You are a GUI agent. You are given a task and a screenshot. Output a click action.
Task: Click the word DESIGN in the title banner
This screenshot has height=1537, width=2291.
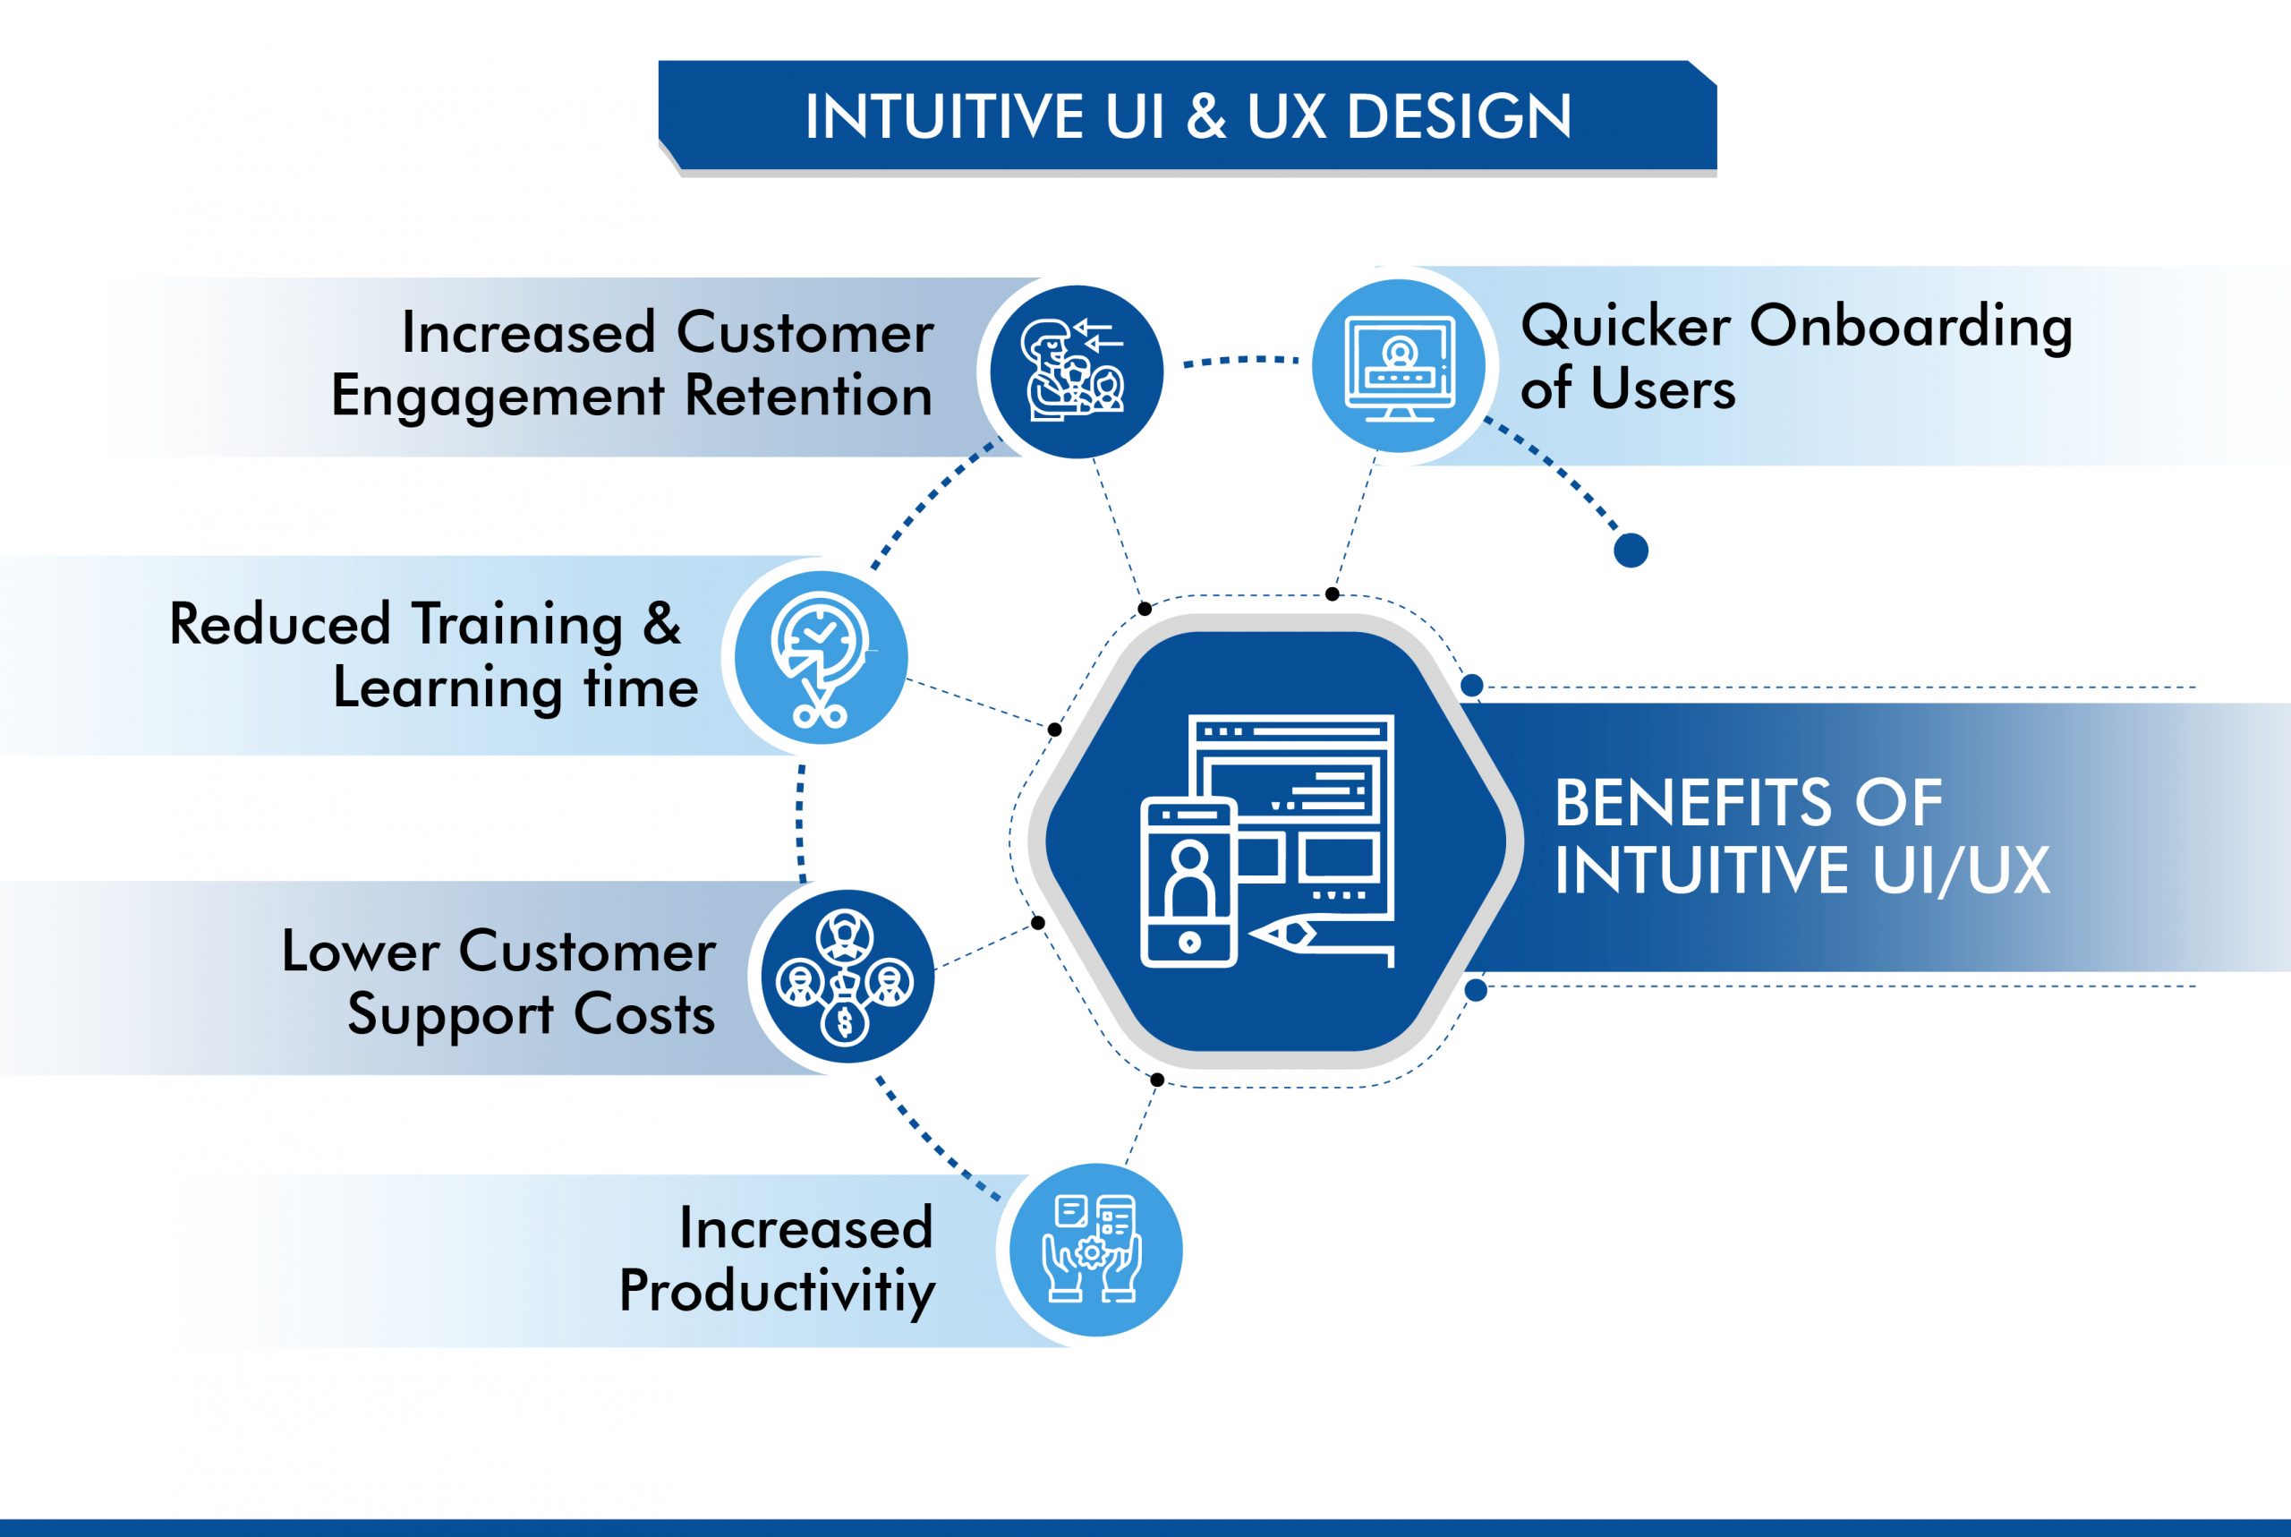[x=1459, y=116]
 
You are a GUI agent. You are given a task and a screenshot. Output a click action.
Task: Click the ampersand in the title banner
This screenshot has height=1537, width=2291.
[x=1205, y=116]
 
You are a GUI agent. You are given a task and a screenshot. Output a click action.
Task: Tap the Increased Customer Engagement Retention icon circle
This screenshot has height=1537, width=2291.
[x=1076, y=371]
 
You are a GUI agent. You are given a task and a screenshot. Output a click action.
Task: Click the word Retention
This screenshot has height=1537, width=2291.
[x=808, y=396]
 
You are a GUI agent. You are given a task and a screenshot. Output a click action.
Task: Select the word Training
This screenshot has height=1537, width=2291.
[x=517, y=626]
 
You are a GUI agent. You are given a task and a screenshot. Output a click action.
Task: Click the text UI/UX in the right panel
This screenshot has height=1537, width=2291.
[x=1961, y=869]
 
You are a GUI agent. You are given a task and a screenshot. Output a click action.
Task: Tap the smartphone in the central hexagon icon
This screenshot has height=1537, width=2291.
[x=1188, y=884]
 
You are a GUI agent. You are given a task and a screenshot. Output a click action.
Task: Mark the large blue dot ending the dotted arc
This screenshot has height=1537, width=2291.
[x=1631, y=550]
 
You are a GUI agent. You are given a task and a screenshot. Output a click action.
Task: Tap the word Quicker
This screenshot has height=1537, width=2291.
[x=1624, y=326]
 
